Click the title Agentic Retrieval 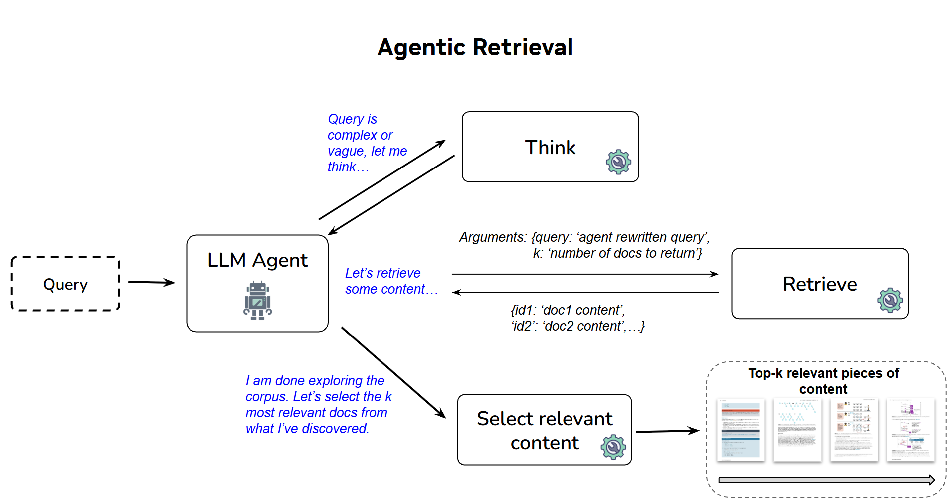coord(475,48)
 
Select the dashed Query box coord(65,284)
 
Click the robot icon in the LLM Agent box coord(257,301)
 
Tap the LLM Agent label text coord(257,260)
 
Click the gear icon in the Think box coord(618,162)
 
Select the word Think coord(550,148)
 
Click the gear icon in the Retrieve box coord(890,300)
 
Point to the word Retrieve coord(820,284)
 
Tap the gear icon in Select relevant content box coord(613,447)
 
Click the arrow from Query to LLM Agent coord(151,282)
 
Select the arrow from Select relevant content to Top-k coord(667,431)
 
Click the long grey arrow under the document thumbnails coord(826,480)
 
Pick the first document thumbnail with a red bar coord(741,430)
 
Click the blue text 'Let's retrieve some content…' coord(390,281)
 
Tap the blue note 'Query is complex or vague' coord(367,143)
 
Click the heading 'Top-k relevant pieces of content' coord(823,381)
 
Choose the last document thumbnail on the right coord(910,430)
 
